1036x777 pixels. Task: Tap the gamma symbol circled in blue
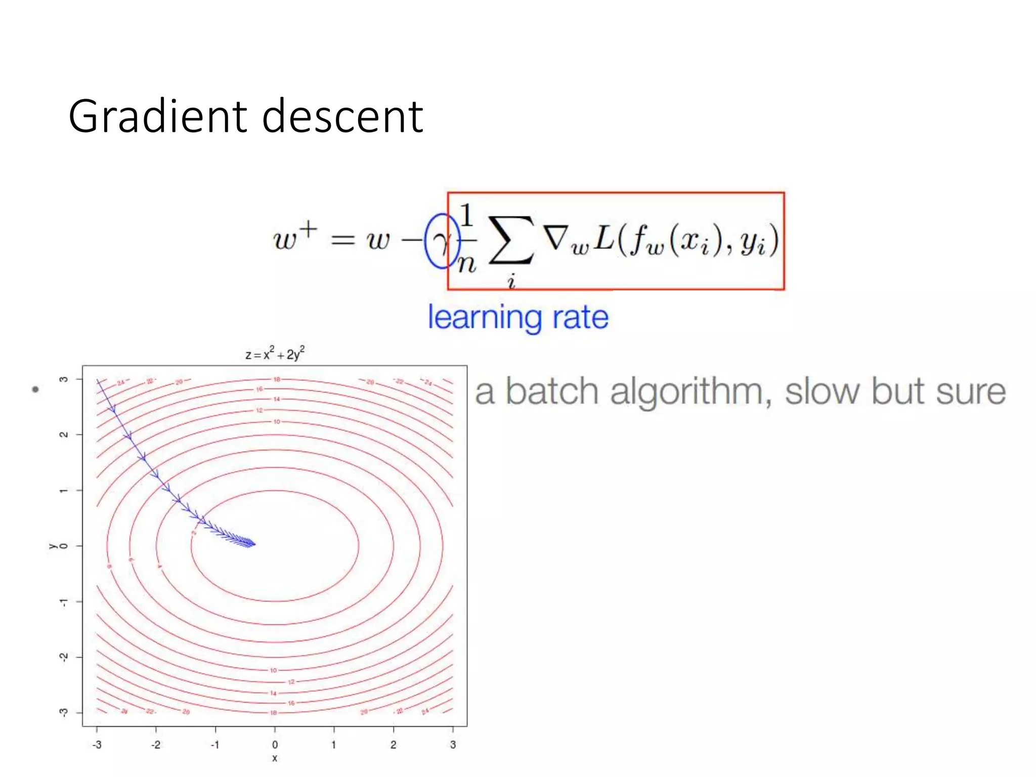tap(442, 241)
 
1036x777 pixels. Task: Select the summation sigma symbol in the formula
tap(511, 240)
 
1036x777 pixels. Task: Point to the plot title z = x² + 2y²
tap(275, 354)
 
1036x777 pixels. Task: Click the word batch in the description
tap(552, 392)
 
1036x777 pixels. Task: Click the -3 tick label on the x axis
tap(97, 745)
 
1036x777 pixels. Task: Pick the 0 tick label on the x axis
tap(275, 745)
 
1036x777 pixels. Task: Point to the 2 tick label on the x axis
tap(393, 745)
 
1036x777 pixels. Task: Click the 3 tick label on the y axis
tap(64, 379)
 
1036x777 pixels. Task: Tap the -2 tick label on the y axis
tap(64, 657)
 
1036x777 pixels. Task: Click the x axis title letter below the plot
tap(275, 758)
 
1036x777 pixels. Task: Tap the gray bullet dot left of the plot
tap(35, 389)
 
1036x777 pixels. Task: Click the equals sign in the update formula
tap(342, 239)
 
